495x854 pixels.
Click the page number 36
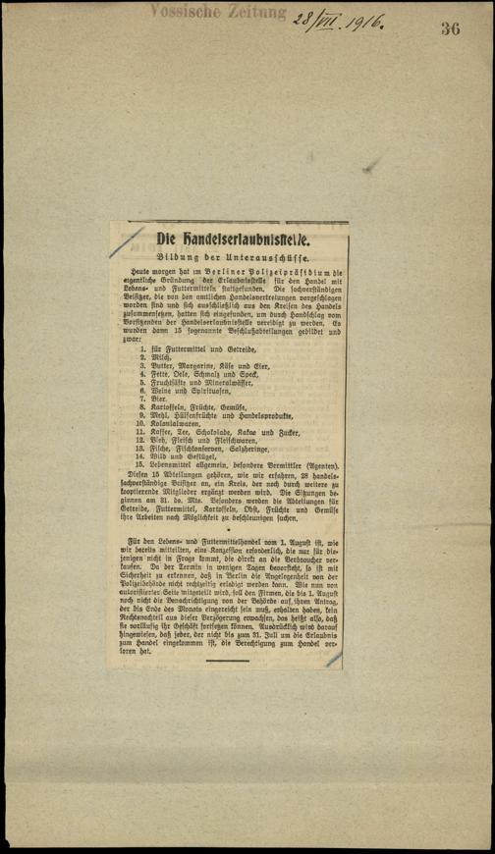451,27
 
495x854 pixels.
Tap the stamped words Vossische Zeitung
220,12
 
